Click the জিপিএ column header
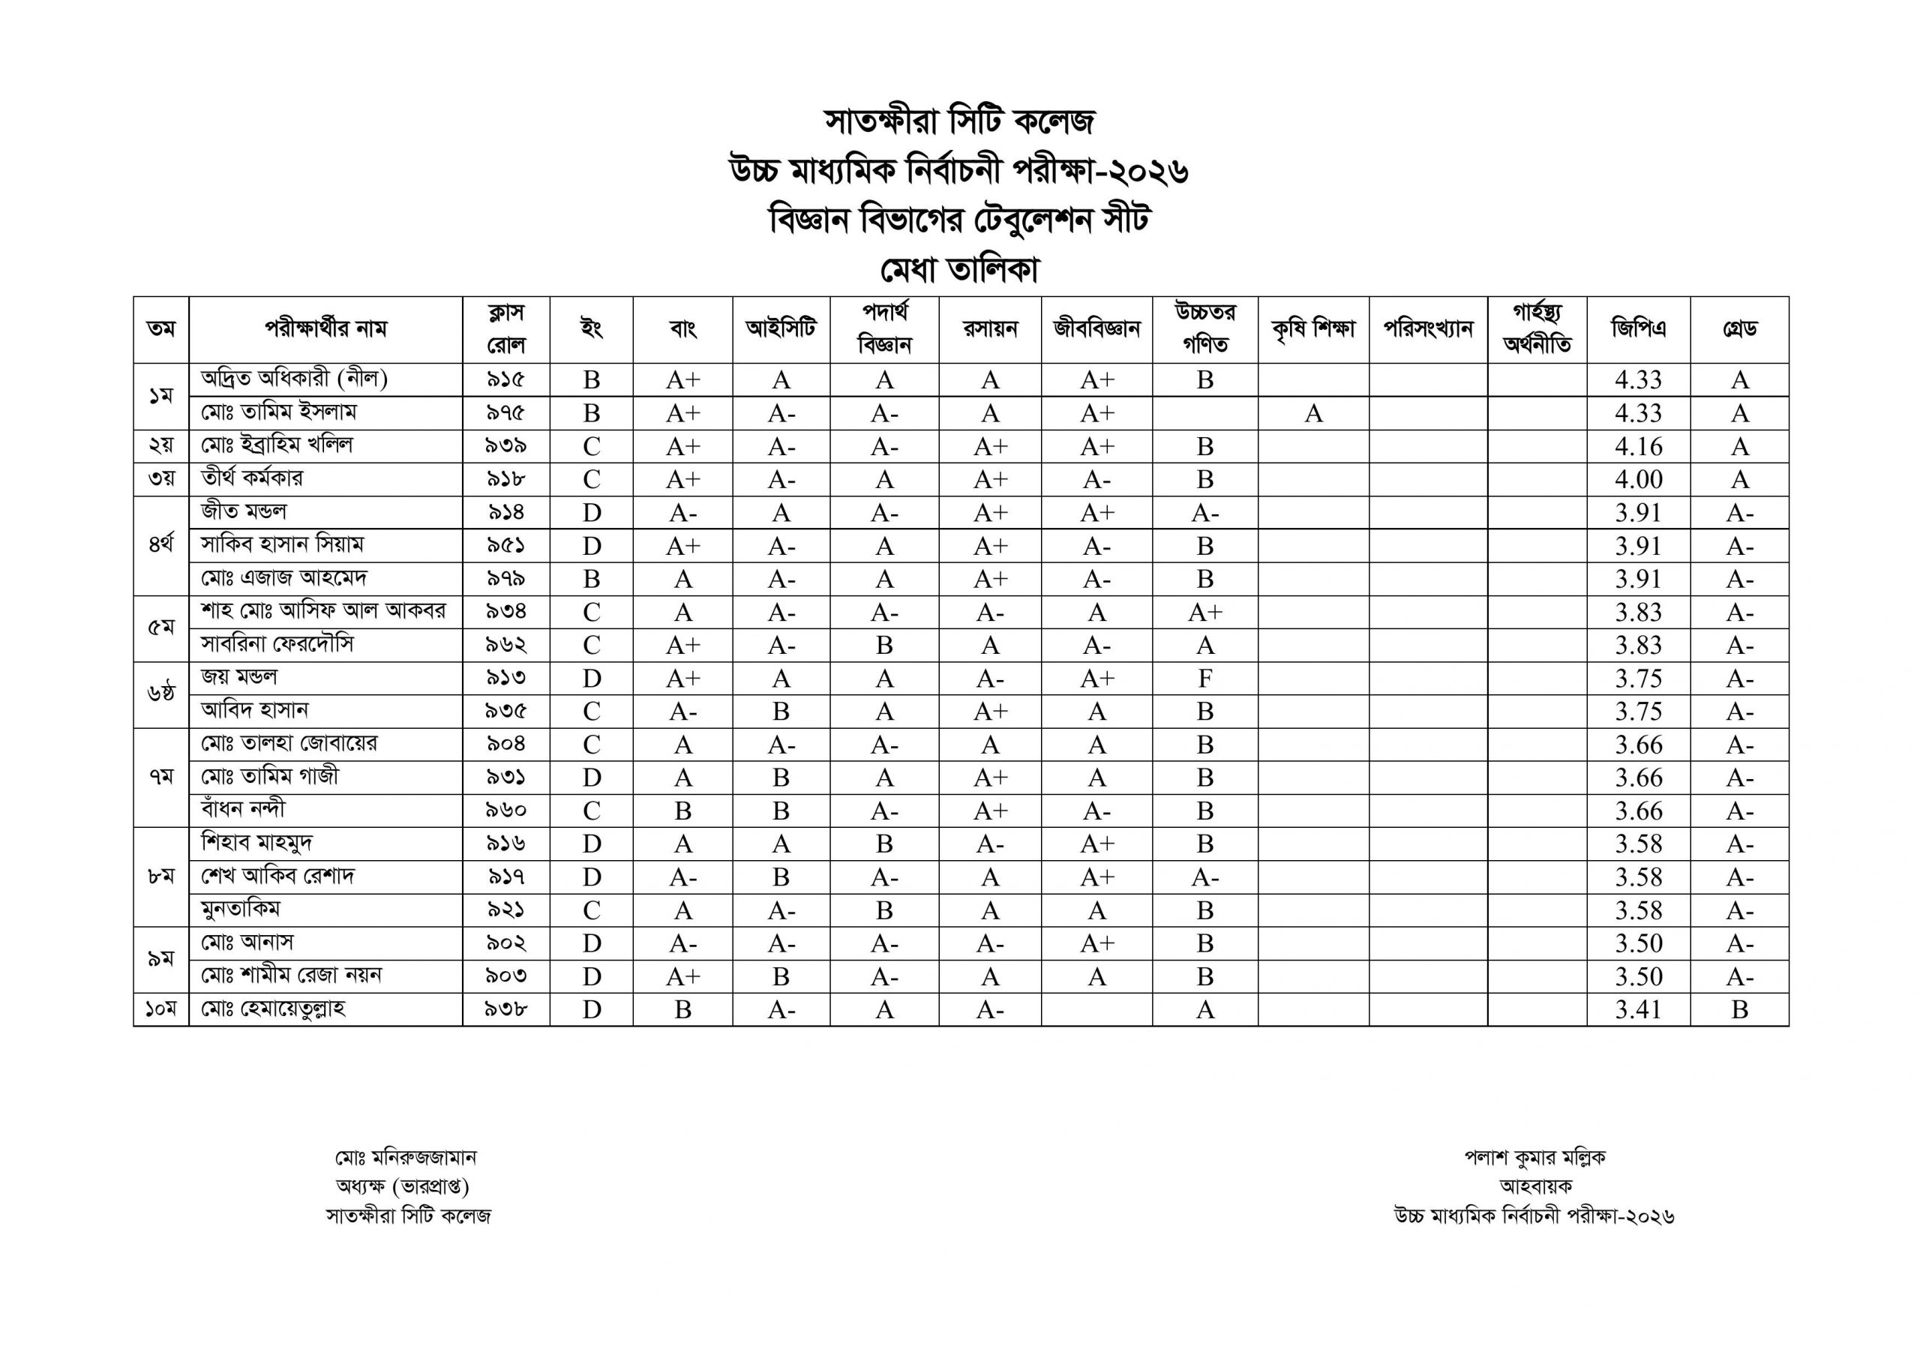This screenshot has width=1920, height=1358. pos(1638,328)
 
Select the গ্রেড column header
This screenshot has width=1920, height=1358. pos(1739,328)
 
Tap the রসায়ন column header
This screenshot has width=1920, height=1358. pos(989,328)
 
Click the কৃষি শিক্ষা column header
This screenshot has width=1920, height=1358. pos(1313,328)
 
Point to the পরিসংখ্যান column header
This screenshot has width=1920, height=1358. pos(1427,328)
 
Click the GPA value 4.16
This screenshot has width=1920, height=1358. pos(1638,446)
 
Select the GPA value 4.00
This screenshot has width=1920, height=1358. pos(1638,480)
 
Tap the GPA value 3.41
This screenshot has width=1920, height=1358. pos(1638,1010)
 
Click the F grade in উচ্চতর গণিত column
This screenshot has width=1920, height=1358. pos(1204,678)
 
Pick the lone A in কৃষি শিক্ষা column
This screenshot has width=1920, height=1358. pos(1313,413)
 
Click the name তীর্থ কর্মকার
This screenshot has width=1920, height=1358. pos(253,478)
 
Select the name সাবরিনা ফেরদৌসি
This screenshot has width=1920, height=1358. pos(277,644)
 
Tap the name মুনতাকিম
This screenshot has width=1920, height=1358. pos(241,909)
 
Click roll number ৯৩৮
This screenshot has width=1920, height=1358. pos(506,1009)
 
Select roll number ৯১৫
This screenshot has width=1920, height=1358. pos(506,379)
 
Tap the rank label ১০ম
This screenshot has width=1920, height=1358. pos(160,1009)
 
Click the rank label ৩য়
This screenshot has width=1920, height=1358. pos(160,479)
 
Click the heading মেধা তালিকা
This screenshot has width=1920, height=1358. pos(959,270)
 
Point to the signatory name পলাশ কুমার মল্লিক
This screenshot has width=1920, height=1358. pos(1534,1157)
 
